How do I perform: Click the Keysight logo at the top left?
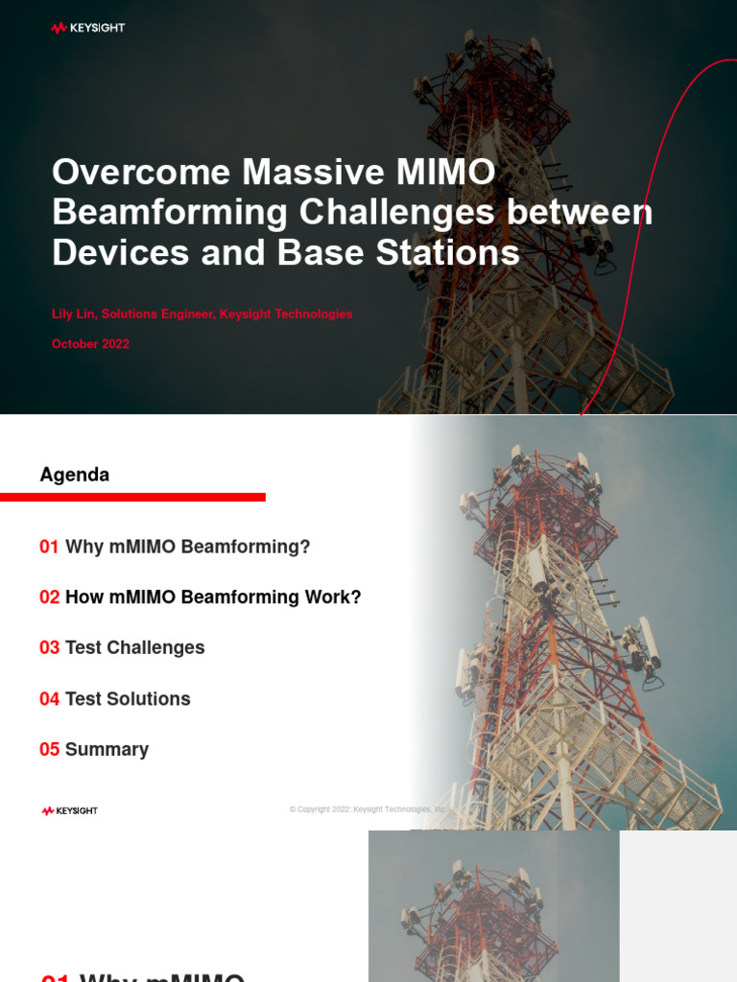88,28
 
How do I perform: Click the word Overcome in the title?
141,173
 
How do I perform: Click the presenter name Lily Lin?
74,315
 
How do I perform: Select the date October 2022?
90,344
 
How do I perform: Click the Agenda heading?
75,475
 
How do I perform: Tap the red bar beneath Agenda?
132,497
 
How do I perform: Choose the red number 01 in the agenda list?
49,547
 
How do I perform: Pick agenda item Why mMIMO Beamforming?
188,547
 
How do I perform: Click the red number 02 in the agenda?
49,597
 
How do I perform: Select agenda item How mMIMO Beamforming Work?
213,597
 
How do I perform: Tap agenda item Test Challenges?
134,648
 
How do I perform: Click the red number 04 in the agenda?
49,699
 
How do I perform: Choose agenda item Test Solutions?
128,699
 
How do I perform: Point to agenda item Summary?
107,750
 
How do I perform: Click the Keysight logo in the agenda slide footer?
70,811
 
